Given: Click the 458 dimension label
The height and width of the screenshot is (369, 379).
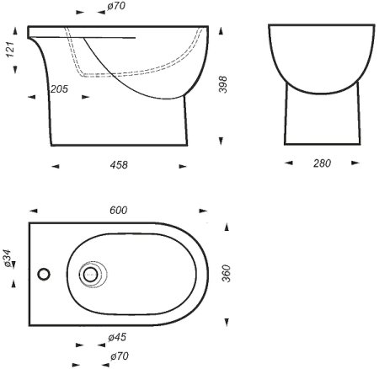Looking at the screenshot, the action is (x=119, y=164).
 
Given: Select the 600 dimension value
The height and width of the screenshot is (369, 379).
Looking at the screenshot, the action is (x=118, y=210).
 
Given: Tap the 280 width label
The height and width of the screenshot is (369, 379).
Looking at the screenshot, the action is (x=322, y=163).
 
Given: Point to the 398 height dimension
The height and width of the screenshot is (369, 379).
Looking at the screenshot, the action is (x=223, y=84).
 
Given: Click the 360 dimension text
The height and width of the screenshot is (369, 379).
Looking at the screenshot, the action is (x=226, y=273).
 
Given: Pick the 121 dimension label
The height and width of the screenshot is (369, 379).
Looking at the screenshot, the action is (x=10, y=50).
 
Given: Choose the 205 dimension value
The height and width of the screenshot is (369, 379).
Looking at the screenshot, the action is (x=59, y=89).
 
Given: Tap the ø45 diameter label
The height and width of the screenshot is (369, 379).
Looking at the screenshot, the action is (x=117, y=337).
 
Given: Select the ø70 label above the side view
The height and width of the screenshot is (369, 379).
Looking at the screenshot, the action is (x=116, y=6).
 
